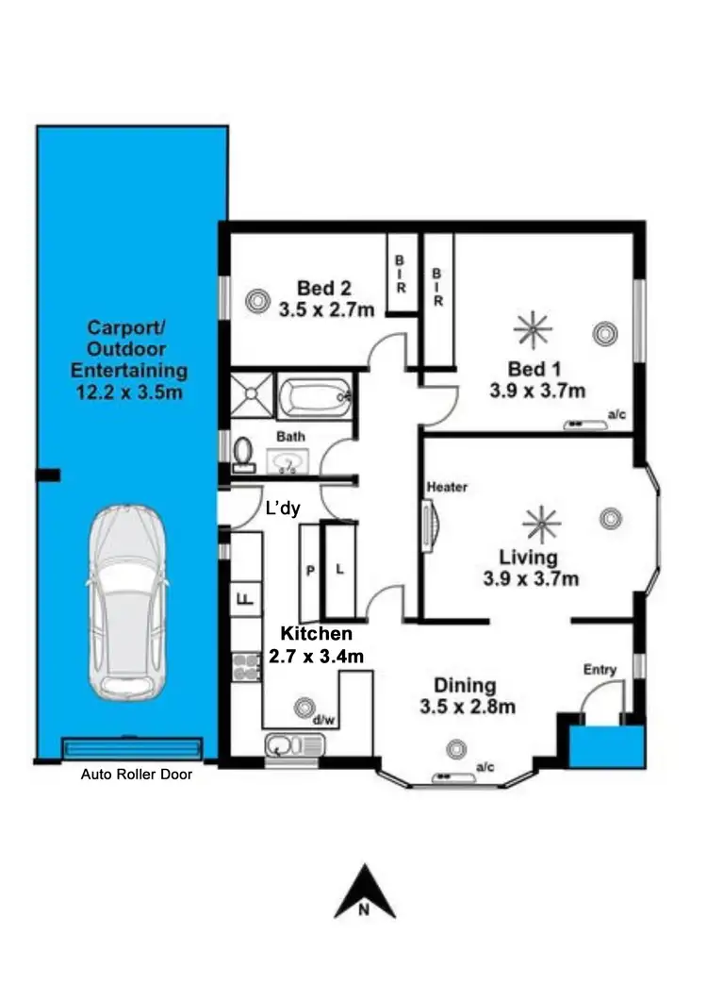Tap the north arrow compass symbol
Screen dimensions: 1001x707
(365, 892)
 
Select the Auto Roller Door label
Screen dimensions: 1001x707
(137, 775)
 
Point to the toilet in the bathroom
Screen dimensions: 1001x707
(244, 453)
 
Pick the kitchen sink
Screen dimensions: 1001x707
(293, 746)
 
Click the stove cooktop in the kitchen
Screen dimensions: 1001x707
(245, 665)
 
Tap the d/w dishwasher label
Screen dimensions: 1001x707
(324, 721)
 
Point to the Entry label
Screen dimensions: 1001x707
(600, 670)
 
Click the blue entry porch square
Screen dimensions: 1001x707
(608, 745)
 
